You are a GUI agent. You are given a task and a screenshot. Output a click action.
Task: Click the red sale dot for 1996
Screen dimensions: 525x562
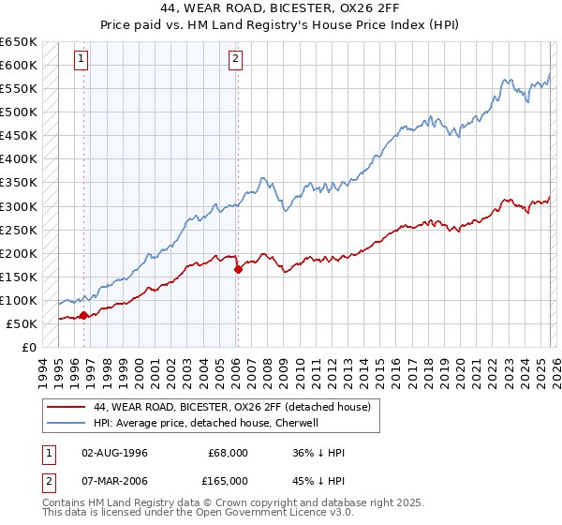pyautogui.click(x=83, y=315)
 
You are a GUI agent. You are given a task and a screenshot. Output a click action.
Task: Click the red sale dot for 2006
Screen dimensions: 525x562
pyautogui.click(x=237, y=269)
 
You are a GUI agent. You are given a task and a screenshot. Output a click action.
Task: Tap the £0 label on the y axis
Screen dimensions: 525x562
pyautogui.click(x=29, y=347)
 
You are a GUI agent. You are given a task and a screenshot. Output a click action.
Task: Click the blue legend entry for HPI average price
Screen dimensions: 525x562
pyautogui.click(x=206, y=423)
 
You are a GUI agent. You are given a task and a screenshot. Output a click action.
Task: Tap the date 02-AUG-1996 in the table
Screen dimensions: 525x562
pyautogui.click(x=115, y=453)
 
